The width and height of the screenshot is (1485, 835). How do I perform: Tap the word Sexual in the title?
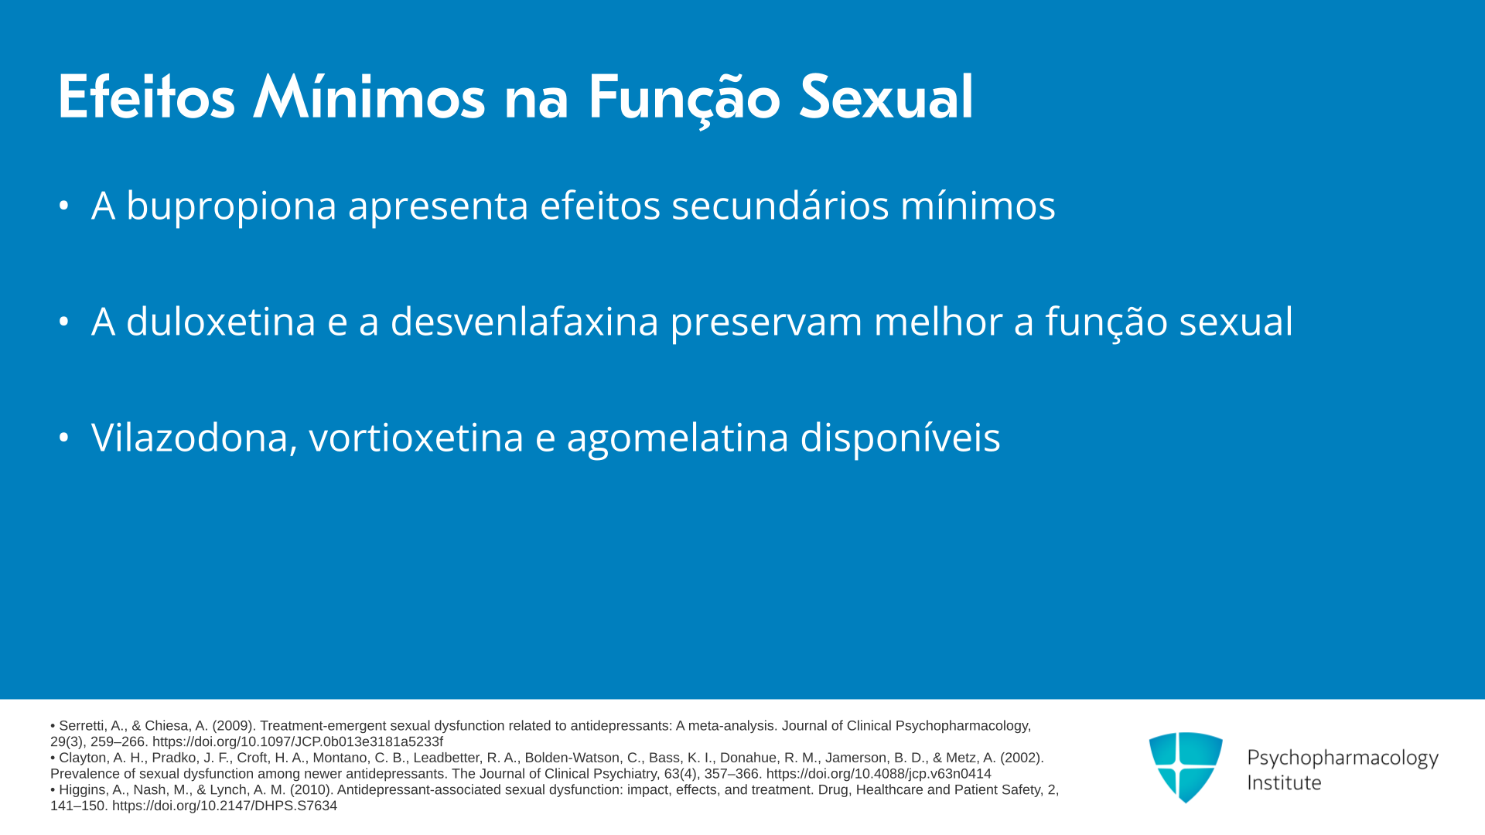[x=886, y=97]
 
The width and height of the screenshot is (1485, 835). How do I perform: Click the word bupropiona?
[x=231, y=206]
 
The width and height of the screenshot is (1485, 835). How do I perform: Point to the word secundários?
[x=780, y=206]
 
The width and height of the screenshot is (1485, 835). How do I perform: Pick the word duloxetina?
[x=221, y=322]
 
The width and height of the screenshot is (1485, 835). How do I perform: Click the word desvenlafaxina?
[x=524, y=322]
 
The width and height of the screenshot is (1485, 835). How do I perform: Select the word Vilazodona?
[x=194, y=438]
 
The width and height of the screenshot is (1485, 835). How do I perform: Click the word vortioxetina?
[x=416, y=438]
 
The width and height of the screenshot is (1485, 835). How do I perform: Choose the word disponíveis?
[x=900, y=438]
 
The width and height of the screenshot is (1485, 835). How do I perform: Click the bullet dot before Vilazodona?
[x=64, y=438]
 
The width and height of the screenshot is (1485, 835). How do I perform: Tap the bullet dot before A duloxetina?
[x=64, y=322]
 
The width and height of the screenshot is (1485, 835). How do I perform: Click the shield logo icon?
[x=1186, y=767]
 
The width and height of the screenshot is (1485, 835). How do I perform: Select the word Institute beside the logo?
[x=1284, y=782]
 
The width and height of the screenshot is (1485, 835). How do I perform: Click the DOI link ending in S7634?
[x=224, y=806]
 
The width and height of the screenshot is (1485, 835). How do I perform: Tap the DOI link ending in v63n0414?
[x=879, y=774]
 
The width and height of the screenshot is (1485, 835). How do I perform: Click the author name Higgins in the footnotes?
[x=83, y=790]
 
